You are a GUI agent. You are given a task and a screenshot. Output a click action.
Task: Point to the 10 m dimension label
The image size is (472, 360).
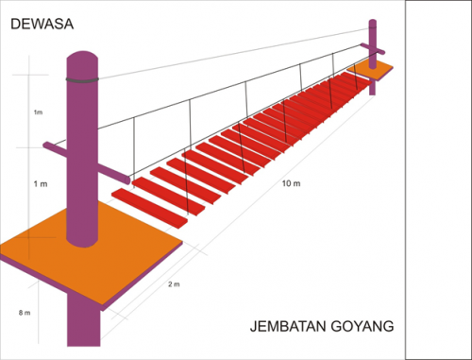(291, 181)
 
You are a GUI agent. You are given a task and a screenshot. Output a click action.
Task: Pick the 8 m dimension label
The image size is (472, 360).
(25, 312)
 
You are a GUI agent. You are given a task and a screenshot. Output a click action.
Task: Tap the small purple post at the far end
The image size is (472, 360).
(373, 38)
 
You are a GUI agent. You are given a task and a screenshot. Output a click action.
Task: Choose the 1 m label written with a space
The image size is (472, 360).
(39, 182)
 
